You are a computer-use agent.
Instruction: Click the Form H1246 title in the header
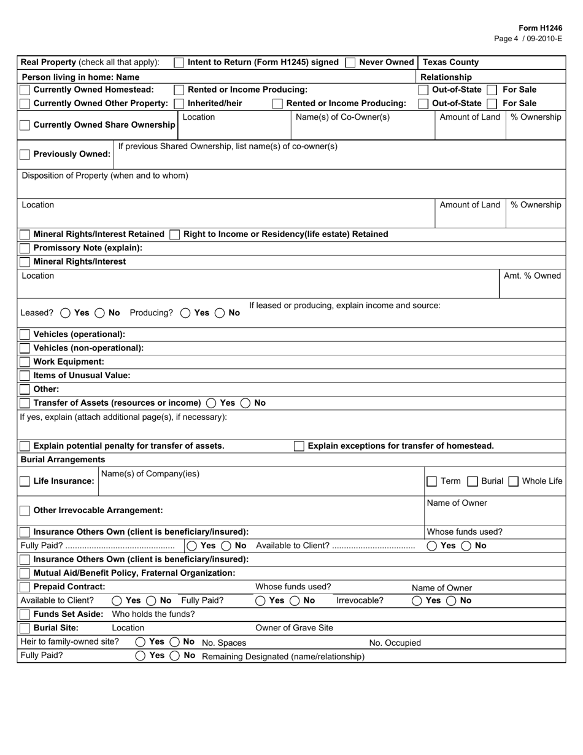click(540, 28)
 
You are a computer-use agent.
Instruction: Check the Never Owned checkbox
click(350, 63)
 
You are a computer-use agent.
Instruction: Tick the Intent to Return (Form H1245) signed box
click(179, 63)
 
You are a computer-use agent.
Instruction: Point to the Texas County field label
click(450, 63)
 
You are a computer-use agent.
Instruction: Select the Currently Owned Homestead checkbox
click(25, 90)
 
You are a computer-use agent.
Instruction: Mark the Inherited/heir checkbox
click(179, 104)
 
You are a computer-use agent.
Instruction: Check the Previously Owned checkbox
click(25, 155)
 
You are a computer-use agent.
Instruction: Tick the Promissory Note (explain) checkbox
click(25, 248)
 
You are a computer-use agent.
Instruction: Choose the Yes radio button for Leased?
click(66, 313)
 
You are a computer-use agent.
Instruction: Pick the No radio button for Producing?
click(220, 313)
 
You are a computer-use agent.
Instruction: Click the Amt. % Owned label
click(532, 276)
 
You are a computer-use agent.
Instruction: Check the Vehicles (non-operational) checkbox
click(25, 348)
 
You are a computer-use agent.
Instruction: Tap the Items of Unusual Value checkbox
click(25, 376)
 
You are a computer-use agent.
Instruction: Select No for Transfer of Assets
click(245, 403)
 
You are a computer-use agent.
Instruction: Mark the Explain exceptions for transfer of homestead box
click(299, 446)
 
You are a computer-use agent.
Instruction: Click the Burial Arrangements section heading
click(63, 460)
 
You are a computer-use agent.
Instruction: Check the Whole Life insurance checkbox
click(514, 481)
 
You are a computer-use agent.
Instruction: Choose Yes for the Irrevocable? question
click(417, 601)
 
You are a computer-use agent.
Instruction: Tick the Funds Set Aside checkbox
click(25, 614)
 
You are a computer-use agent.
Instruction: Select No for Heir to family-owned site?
click(174, 642)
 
